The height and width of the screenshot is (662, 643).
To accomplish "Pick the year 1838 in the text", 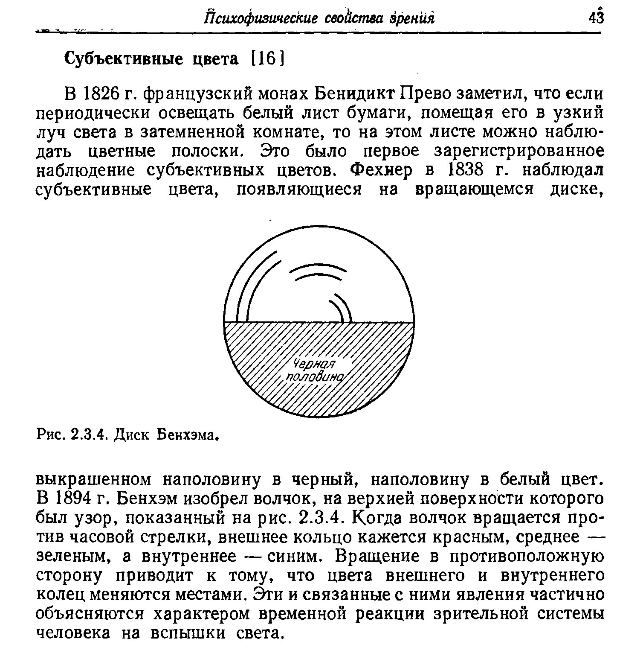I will pos(461,170).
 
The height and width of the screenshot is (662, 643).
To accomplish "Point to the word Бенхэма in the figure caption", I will pos(190,435).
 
